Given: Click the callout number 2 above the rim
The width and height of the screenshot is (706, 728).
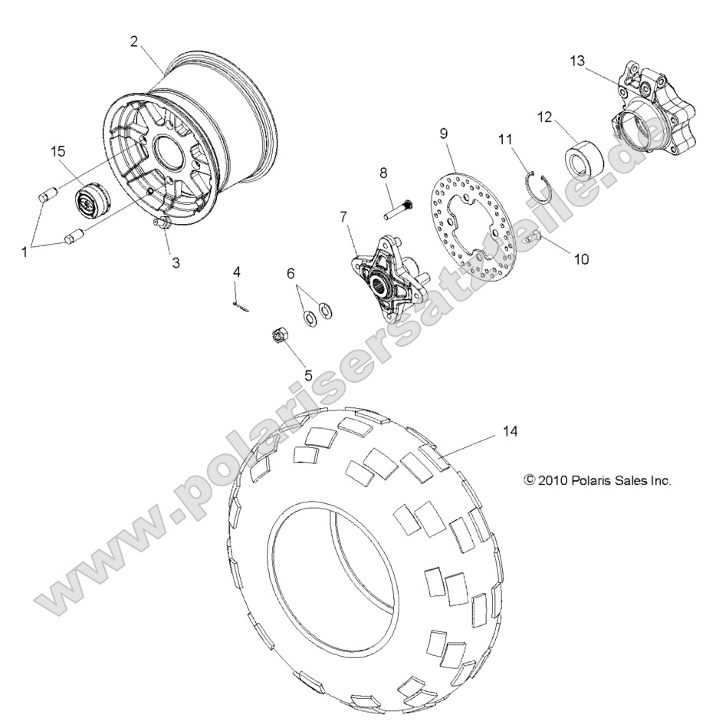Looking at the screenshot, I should point(134,41).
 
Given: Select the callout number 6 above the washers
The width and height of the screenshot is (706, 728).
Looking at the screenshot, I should point(291,273).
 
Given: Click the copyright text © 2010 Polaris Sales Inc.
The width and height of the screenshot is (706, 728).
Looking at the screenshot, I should point(597,481).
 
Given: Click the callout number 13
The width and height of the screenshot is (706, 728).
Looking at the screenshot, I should point(577,60).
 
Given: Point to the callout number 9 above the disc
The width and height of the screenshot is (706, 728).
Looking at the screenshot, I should point(443,133).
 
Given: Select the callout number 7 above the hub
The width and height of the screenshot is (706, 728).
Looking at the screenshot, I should point(344,217).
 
